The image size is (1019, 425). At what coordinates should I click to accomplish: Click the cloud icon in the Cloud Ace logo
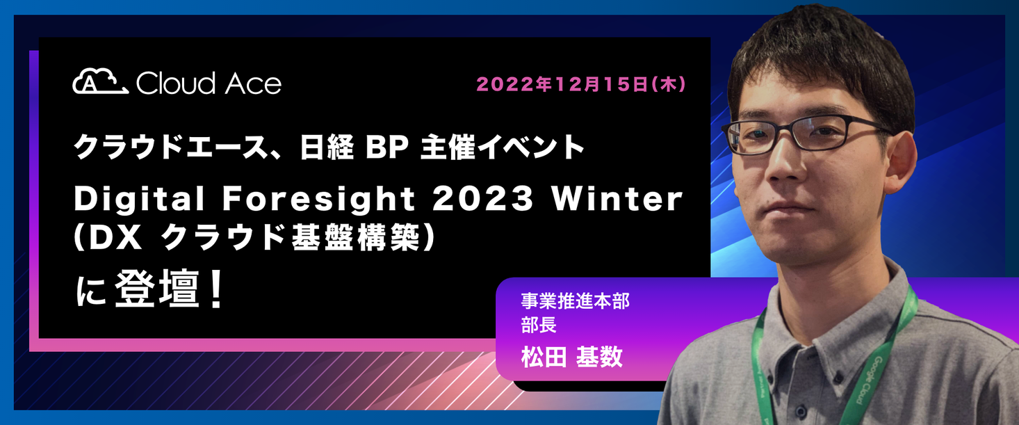pyautogui.click(x=99, y=81)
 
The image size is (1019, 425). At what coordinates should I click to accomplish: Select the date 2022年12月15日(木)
pyautogui.click(x=581, y=85)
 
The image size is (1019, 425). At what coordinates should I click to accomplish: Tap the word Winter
pyautogui.click(x=617, y=200)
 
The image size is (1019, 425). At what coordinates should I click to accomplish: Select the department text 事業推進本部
pyautogui.click(x=575, y=302)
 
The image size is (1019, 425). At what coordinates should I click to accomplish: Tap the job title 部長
pyautogui.click(x=539, y=325)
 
